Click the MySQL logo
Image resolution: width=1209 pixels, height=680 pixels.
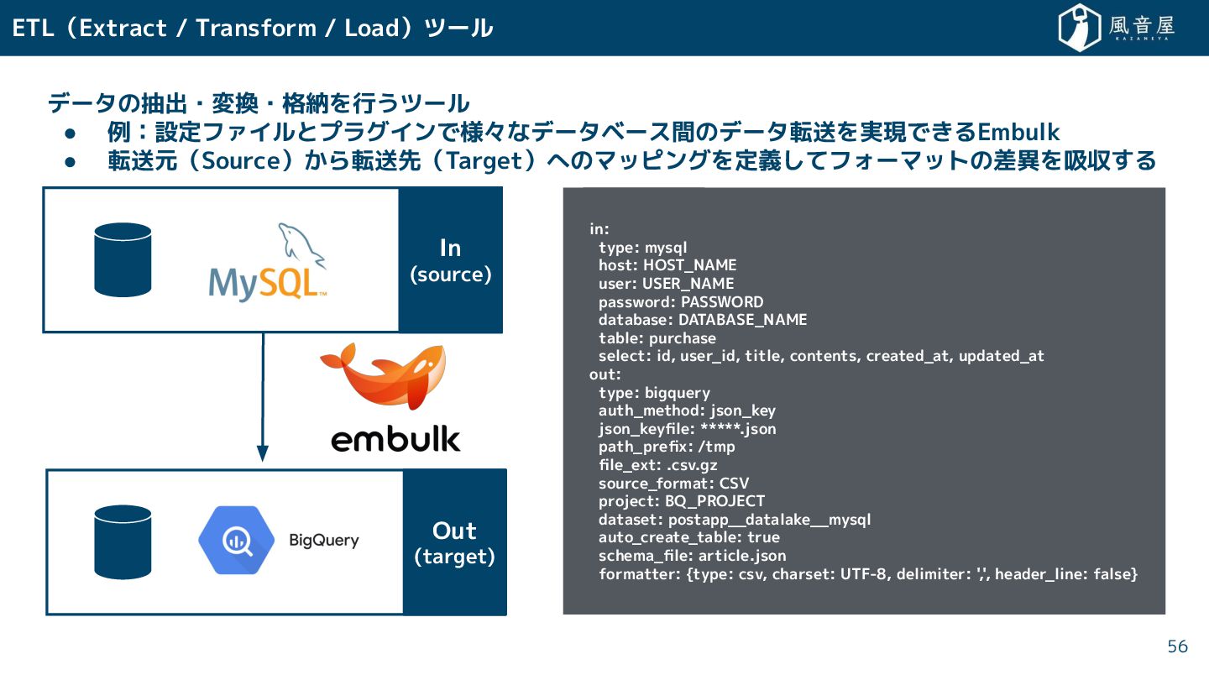pos(268,264)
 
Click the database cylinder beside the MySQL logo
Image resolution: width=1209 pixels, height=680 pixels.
pos(123,259)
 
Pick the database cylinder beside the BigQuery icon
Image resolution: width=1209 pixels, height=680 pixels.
pos(123,541)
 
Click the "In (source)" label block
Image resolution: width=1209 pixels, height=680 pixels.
pos(450,260)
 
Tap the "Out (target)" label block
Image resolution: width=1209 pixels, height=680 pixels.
pos(454,542)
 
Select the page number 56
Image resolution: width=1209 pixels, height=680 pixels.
pos(1178,646)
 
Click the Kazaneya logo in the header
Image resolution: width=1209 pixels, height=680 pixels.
pos(1116,28)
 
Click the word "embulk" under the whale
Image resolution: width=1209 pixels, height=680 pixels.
pos(395,438)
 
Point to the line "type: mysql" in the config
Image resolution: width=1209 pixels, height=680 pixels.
pos(642,247)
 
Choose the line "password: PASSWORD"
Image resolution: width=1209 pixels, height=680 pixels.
pos(681,301)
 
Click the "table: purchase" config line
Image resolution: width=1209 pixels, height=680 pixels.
pos(657,338)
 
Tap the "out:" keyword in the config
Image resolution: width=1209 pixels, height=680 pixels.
pos(605,374)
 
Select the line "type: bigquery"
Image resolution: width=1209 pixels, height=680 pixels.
pos(654,393)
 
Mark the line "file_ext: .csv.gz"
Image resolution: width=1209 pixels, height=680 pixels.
pos(657,465)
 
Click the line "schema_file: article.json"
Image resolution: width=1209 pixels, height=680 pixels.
pos(692,556)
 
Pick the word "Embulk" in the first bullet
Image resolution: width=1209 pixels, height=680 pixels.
pos(1018,132)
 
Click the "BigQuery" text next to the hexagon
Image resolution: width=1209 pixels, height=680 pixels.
pos(323,540)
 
